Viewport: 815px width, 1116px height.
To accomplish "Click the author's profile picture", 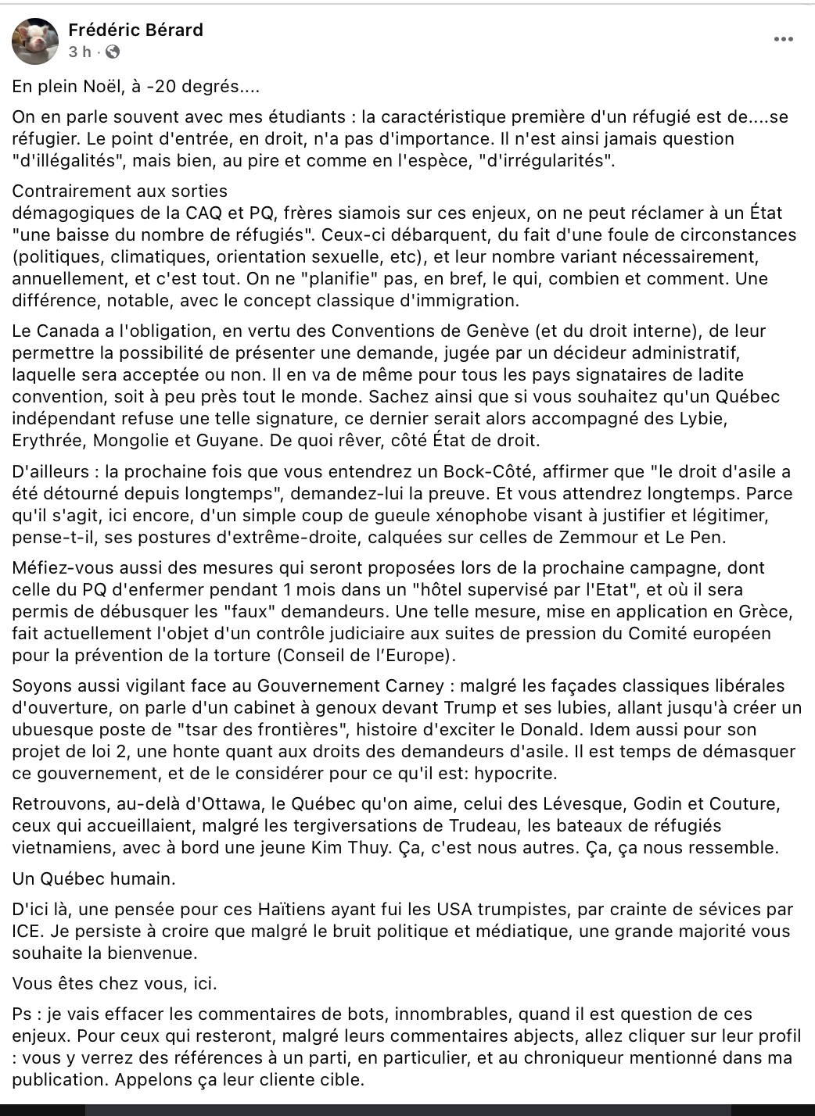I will [x=35, y=41].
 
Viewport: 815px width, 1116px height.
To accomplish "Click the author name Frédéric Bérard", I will [x=135, y=30].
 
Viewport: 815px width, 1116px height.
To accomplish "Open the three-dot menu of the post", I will [x=783, y=39].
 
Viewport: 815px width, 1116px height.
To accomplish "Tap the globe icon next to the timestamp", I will [x=113, y=52].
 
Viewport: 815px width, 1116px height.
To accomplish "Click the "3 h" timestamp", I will [x=80, y=52].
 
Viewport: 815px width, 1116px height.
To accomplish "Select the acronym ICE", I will [x=26, y=931].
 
